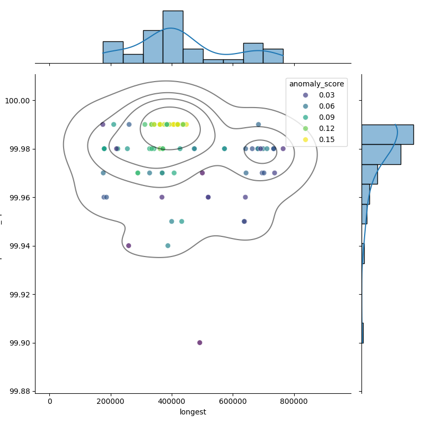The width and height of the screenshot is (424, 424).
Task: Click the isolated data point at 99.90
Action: click(x=200, y=342)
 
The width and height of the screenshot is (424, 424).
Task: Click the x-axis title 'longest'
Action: click(x=193, y=412)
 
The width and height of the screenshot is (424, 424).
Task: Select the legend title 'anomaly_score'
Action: click(x=316, y=84)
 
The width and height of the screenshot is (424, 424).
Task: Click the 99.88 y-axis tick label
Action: click(x=18, y=391)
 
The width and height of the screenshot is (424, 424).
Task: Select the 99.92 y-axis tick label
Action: click(x=18, y=294)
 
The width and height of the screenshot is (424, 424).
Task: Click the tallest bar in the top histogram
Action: click(x=173, y=37)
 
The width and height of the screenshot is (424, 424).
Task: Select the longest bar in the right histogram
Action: click(x=387, y=135)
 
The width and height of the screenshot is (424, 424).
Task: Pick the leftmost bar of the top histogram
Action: click(x=113, y=52)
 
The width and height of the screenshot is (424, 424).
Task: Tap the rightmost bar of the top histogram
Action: click(x=273, y=56)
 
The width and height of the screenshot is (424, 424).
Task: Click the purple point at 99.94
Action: click(x=128, y=245)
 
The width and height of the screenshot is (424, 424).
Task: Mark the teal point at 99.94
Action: click(x=168, y=245)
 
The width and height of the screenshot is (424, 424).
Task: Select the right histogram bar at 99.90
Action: click(x=363, y=333)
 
